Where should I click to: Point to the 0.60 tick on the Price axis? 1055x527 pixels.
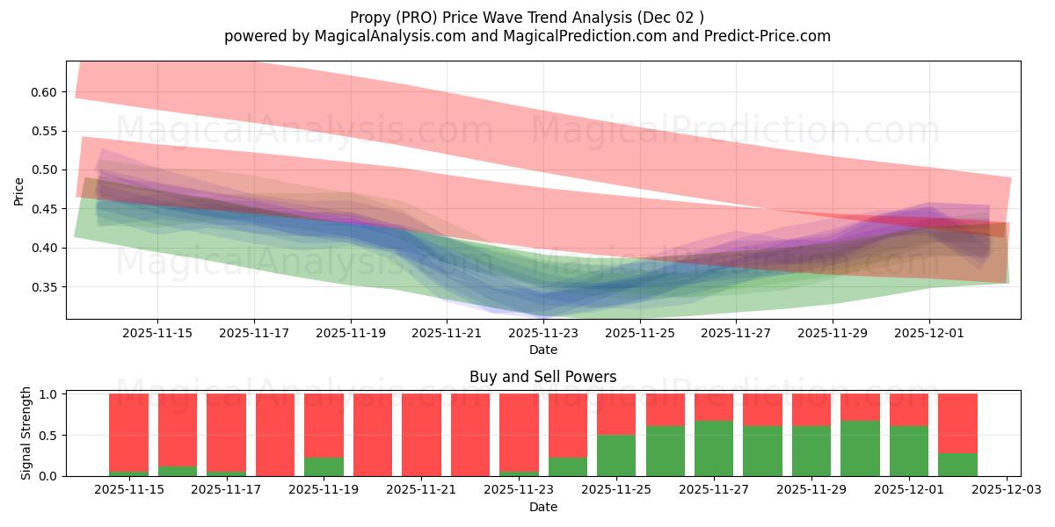(45, 92)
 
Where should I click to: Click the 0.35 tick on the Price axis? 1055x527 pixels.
(45, 287)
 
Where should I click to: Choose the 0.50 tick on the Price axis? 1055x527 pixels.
(45, 170)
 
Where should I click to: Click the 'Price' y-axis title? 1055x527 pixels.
(19, 190)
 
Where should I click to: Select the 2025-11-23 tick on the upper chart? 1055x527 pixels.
(543, 334)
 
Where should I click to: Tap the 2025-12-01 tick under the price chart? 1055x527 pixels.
(929, 334)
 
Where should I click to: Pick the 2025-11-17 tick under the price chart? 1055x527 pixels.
(254, 334)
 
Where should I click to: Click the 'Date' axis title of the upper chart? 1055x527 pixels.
(543, 350)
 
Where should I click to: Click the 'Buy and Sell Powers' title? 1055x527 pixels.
(543, 377)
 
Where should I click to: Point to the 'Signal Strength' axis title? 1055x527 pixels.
(26, 432)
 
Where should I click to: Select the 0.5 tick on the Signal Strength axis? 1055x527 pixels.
(49, 436)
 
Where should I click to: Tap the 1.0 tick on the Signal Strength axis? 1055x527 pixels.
(49, 394)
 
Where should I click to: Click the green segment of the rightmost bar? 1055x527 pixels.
(957, 465)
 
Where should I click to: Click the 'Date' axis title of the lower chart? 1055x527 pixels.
(543, 507)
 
